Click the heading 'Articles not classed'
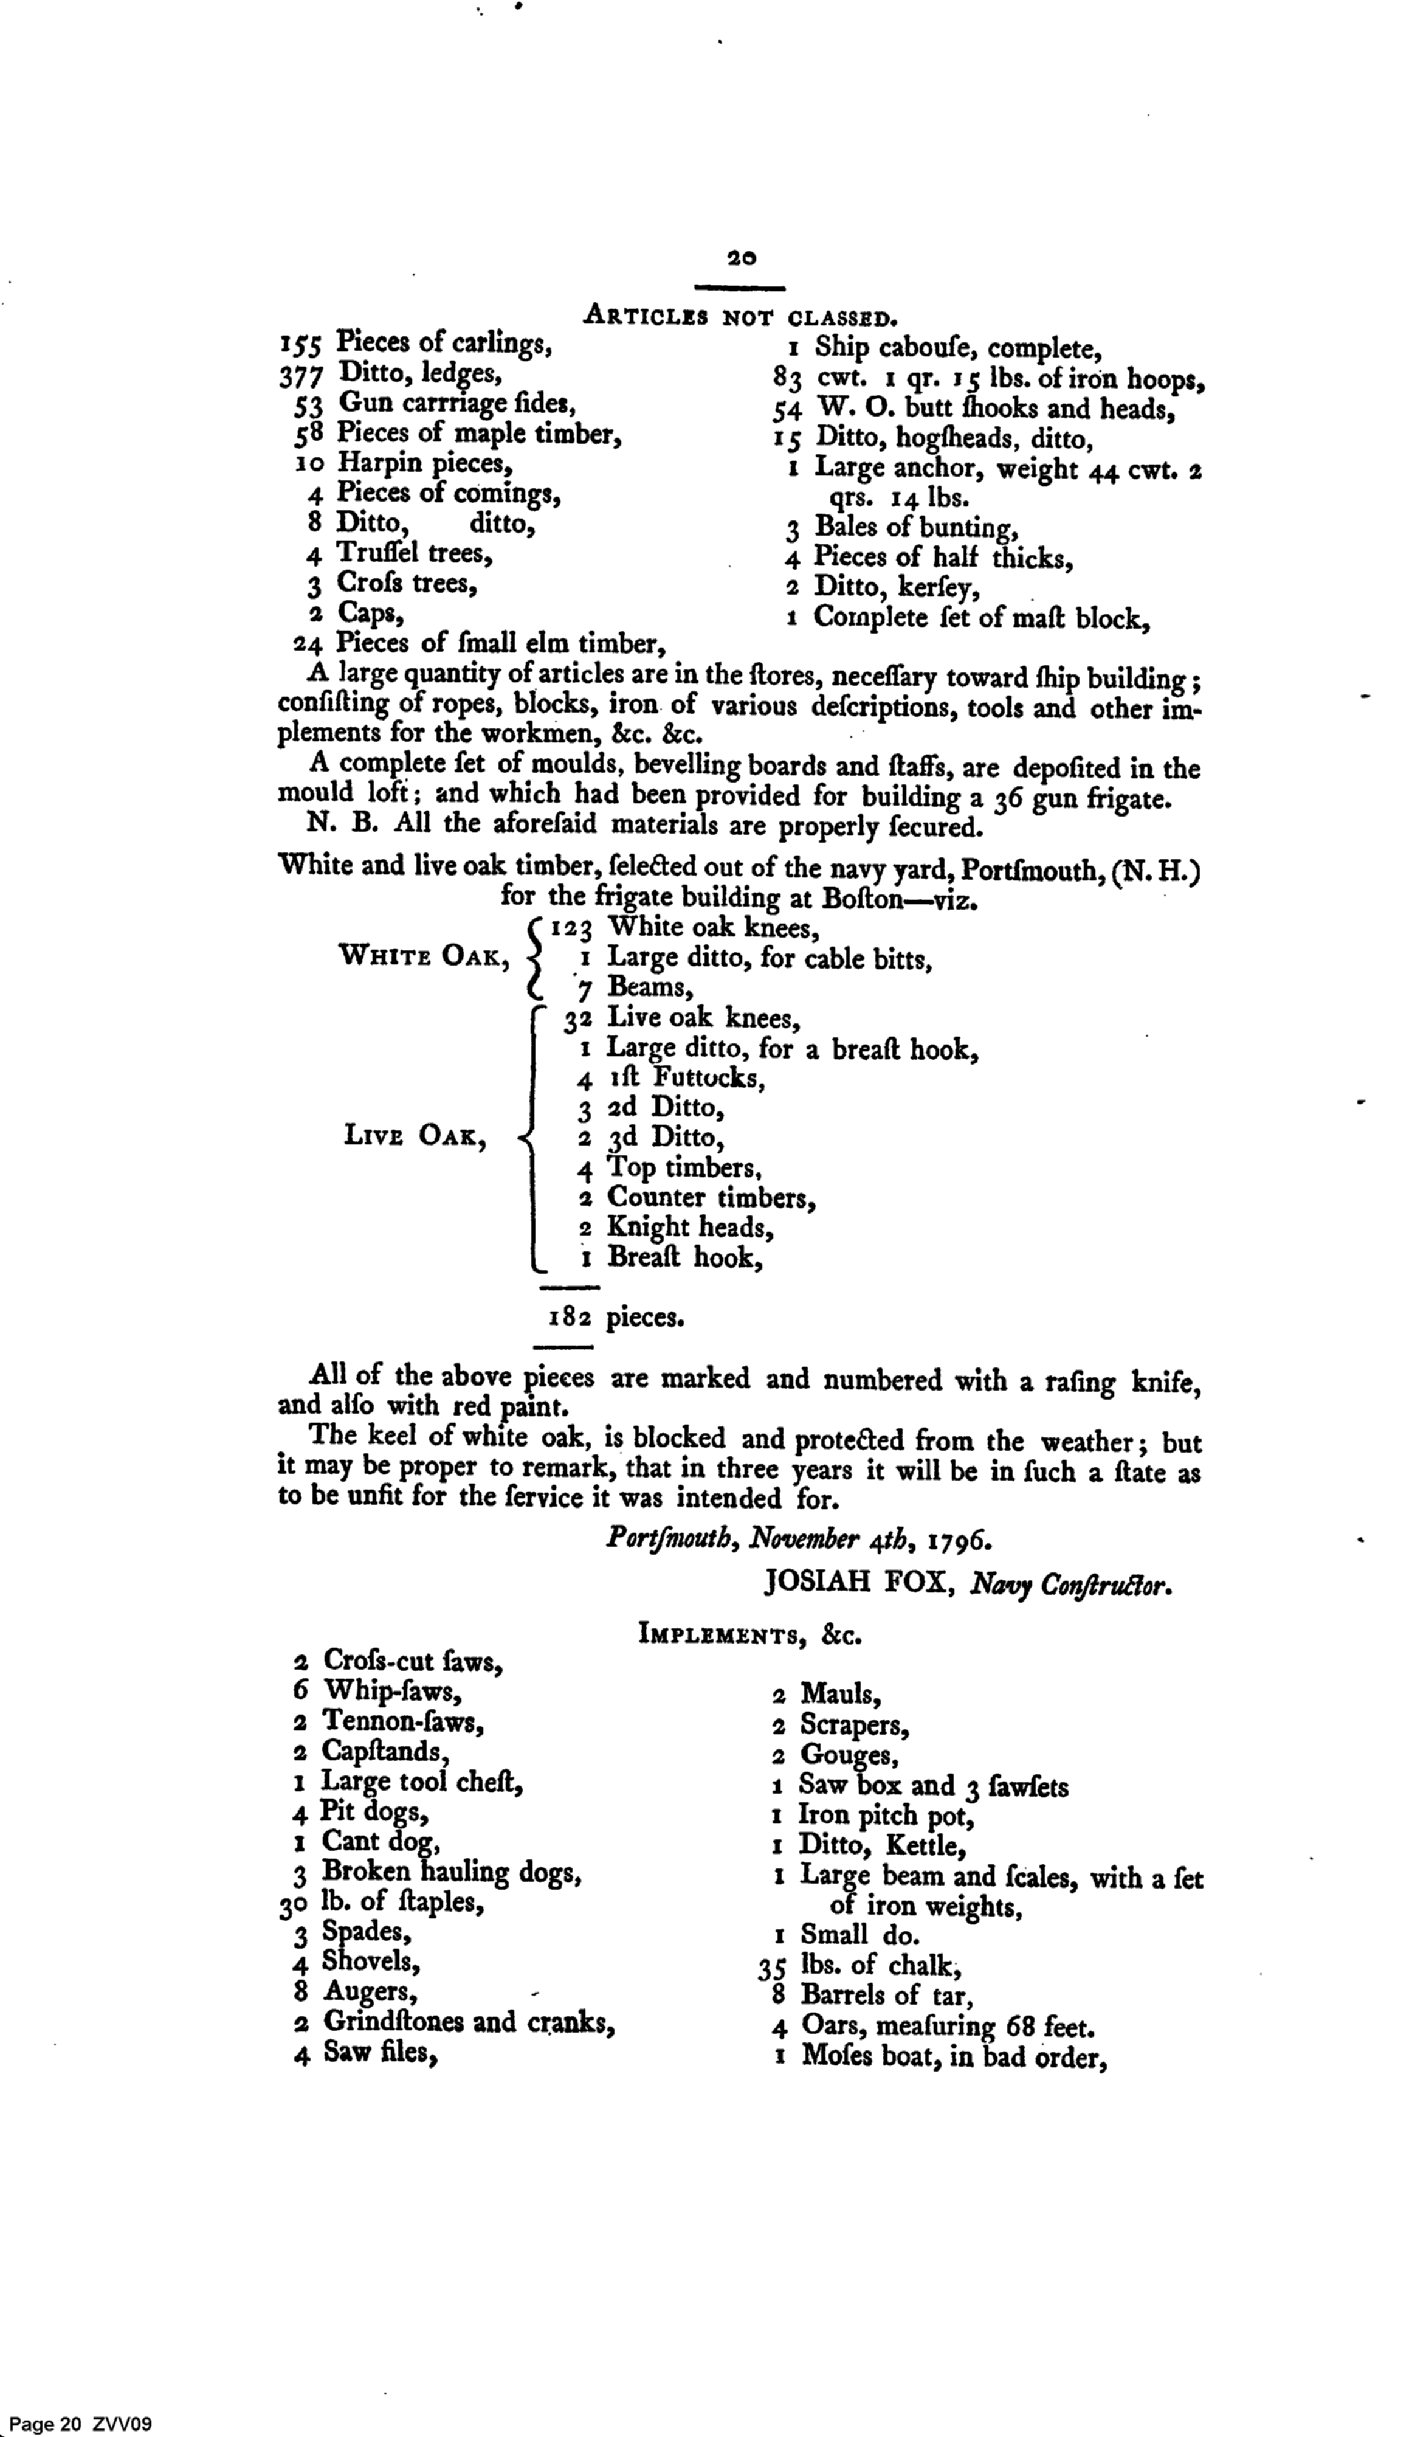point(740,315)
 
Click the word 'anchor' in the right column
point(939,469)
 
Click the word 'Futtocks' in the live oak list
point(709,1077)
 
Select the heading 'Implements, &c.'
point(749,1635)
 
